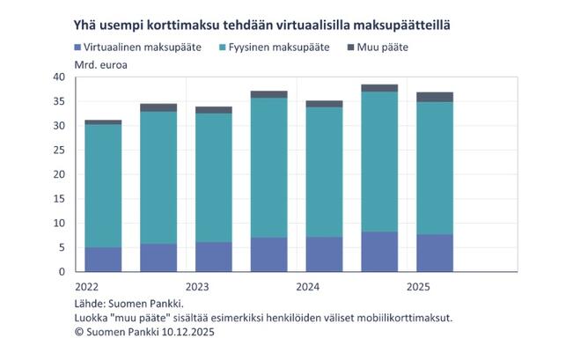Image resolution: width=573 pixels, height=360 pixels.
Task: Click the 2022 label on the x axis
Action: (x=86, y=286)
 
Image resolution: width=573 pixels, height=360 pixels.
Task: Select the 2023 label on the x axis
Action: (x=197, y=286)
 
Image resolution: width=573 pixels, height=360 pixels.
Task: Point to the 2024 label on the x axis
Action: (x=308, y=286)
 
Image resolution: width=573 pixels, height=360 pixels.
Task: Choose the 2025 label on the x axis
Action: (x=418, y=286)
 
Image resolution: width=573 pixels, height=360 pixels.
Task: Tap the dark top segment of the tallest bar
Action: (x=379, y=88)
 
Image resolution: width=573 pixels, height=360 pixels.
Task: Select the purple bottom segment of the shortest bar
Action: (x=103, y=259)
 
